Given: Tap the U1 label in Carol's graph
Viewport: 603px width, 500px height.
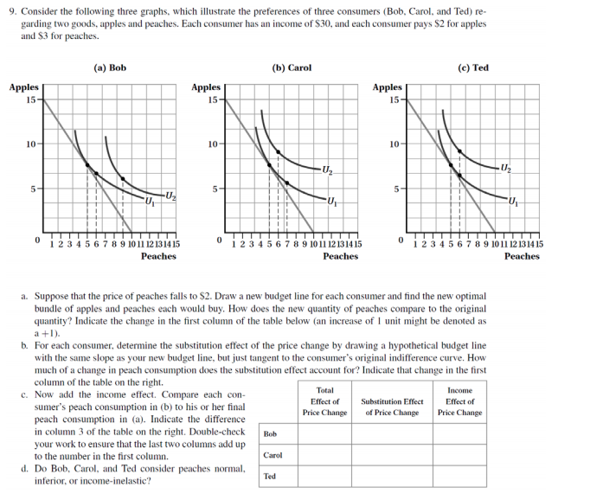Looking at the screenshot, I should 333,202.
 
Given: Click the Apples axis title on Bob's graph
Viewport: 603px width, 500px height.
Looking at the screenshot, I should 24,87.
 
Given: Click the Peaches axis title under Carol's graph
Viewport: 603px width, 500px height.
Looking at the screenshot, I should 340,256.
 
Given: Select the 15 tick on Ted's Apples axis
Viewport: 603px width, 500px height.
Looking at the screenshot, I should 395,99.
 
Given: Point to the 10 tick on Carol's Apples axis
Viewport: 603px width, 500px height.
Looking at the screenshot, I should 213,144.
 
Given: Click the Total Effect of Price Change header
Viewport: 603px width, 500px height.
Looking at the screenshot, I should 325,401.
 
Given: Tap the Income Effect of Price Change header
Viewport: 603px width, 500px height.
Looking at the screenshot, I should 459,401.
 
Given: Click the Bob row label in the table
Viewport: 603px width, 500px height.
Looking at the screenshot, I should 270,433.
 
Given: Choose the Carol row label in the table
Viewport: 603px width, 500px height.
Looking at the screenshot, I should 273,454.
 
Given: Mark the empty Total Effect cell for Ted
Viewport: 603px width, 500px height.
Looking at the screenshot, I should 325,476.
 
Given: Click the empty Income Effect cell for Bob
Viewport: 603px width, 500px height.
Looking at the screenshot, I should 459,433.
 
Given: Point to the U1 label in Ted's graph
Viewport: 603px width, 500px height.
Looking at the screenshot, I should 515,202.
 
